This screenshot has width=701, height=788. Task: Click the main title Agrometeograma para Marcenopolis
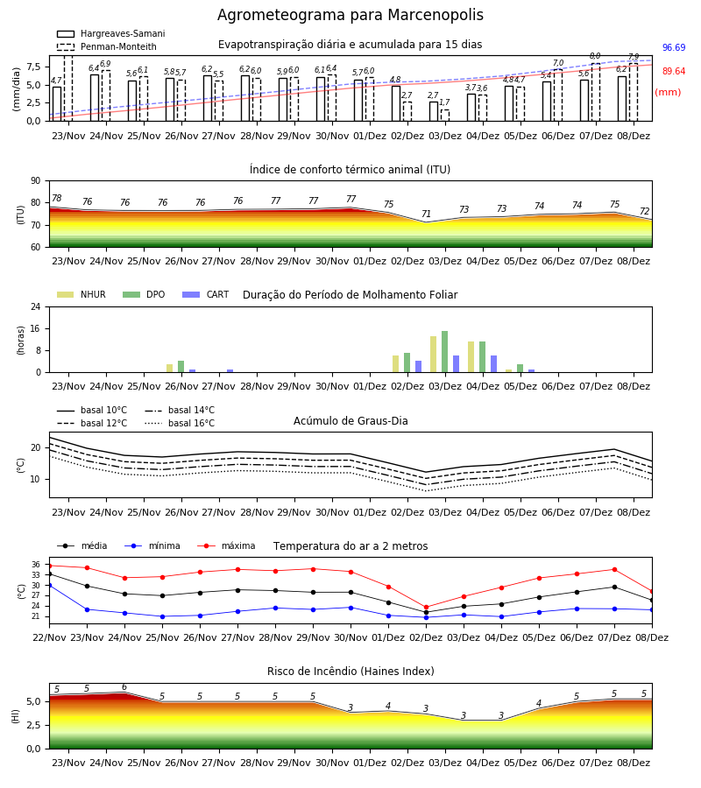(x=350, y=15)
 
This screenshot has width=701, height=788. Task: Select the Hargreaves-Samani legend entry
(x=111, y=33)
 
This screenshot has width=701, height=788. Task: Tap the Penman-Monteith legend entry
(x=107, y=46)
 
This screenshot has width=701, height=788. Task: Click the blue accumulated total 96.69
(x=674, y=48)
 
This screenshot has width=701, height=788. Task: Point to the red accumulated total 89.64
(x=674, y=72)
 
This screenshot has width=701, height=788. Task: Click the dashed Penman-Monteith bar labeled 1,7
(x=445, y=115)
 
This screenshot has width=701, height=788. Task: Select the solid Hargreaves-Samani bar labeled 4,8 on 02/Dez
(x=396, y=103)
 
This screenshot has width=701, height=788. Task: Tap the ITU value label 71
(x=426, y=214)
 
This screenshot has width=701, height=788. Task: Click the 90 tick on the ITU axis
(x=36, y=181)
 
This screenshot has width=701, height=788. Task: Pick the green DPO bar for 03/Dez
(x=444, y=352)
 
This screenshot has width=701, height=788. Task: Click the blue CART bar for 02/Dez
(x=418, y=367)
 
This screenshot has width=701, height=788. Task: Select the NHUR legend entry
(x=81, y=294)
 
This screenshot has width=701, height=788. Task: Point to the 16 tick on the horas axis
(x=36, y=328)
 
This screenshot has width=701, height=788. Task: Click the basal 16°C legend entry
(x=180, y=423)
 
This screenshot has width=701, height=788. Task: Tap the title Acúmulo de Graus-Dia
(x=350, y=421)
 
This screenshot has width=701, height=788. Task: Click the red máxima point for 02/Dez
(x=427, y=607)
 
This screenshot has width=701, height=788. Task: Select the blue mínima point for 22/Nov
(x=49, y=585)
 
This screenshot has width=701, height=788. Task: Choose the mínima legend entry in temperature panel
(x=152, y=545)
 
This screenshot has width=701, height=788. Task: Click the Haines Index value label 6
(x=124, y=687)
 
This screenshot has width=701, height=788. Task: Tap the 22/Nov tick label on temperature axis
(x=49, y=637)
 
